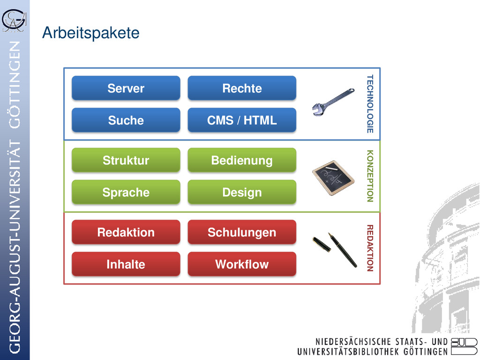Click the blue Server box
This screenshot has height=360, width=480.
126,88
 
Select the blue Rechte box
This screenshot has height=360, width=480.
242,88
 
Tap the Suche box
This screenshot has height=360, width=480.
126,120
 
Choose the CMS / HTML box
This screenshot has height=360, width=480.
242,120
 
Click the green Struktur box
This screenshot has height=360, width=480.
126,160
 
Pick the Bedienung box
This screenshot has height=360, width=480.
242,160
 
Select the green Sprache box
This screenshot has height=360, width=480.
126,192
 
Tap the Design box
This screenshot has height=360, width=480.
242,192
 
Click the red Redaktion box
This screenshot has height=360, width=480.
126,232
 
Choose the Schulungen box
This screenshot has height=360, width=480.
242,232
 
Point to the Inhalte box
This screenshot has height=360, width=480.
126,264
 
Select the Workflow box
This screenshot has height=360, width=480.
242,264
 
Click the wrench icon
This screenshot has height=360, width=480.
333,101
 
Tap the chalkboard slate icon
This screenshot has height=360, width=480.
333,178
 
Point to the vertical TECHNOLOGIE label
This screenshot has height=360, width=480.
370,104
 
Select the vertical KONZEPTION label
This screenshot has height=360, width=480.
370,176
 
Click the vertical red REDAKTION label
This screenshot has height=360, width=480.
370,248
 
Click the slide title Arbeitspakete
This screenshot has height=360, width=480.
90,33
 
